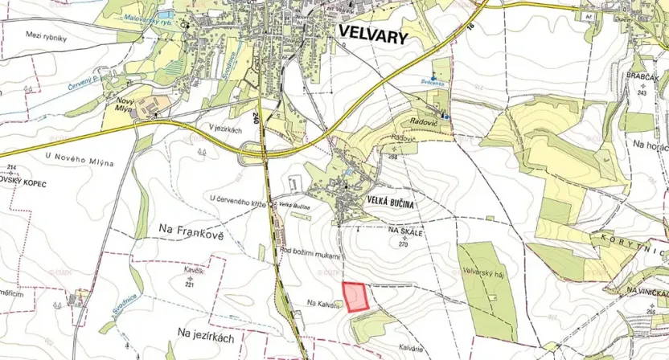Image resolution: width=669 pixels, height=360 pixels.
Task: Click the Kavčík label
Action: pos(191,274)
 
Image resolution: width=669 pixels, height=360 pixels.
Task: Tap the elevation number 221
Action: pos(190,284)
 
